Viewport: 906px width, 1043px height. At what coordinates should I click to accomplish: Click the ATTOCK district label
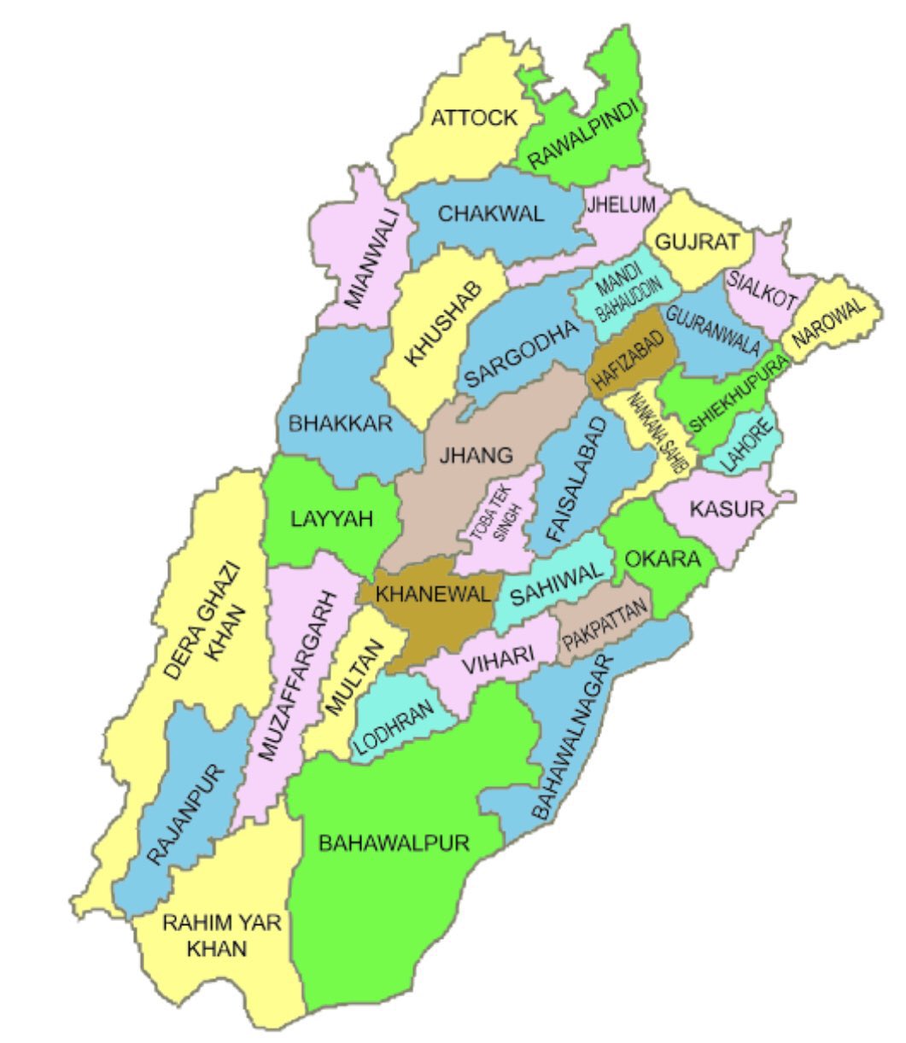[x=474, y=118]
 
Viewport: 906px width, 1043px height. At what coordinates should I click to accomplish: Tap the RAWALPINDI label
[x=585, y=137]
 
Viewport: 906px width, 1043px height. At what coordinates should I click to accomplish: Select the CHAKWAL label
[x=491, y=213]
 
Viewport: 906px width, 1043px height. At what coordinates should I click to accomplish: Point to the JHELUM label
[x=621, y=204]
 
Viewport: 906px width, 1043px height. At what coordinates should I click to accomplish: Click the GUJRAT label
[x=697, y=242]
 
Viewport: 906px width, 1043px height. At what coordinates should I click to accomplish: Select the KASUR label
[x=726, y=510]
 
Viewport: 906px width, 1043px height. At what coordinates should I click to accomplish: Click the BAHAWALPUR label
[x=394, y=843]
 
